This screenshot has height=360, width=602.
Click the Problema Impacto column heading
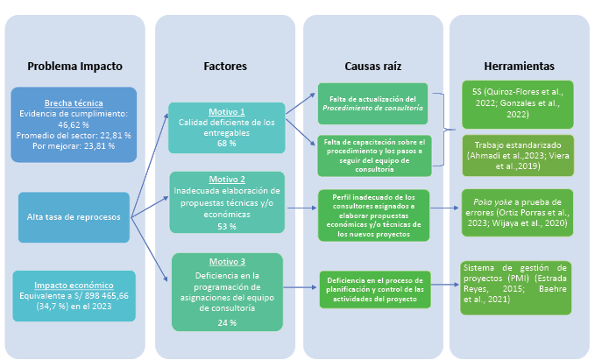click(x=74, y=66)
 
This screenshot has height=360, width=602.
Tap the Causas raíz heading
click(x=373, y=66)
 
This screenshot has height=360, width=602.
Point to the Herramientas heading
click(x=519, y=66)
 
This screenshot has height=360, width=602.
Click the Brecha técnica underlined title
click(x=74, y=102)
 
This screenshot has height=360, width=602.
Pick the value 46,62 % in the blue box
click(x=74, y=124)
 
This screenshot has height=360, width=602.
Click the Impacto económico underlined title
click(x=74, y=286)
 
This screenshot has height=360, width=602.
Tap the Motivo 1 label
click(x=227, y=111)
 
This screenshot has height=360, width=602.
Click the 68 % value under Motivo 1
click(x=227, y=143)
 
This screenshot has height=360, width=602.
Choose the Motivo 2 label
click(x=226, y=180)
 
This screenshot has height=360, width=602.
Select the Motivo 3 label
click(x=227, y=262)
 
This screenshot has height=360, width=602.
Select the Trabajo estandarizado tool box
click(x=519, y=154)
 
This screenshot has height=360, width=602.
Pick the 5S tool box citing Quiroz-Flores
click(x=519, y=102)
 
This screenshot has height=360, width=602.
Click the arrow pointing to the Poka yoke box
click(x=446, y=208)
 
